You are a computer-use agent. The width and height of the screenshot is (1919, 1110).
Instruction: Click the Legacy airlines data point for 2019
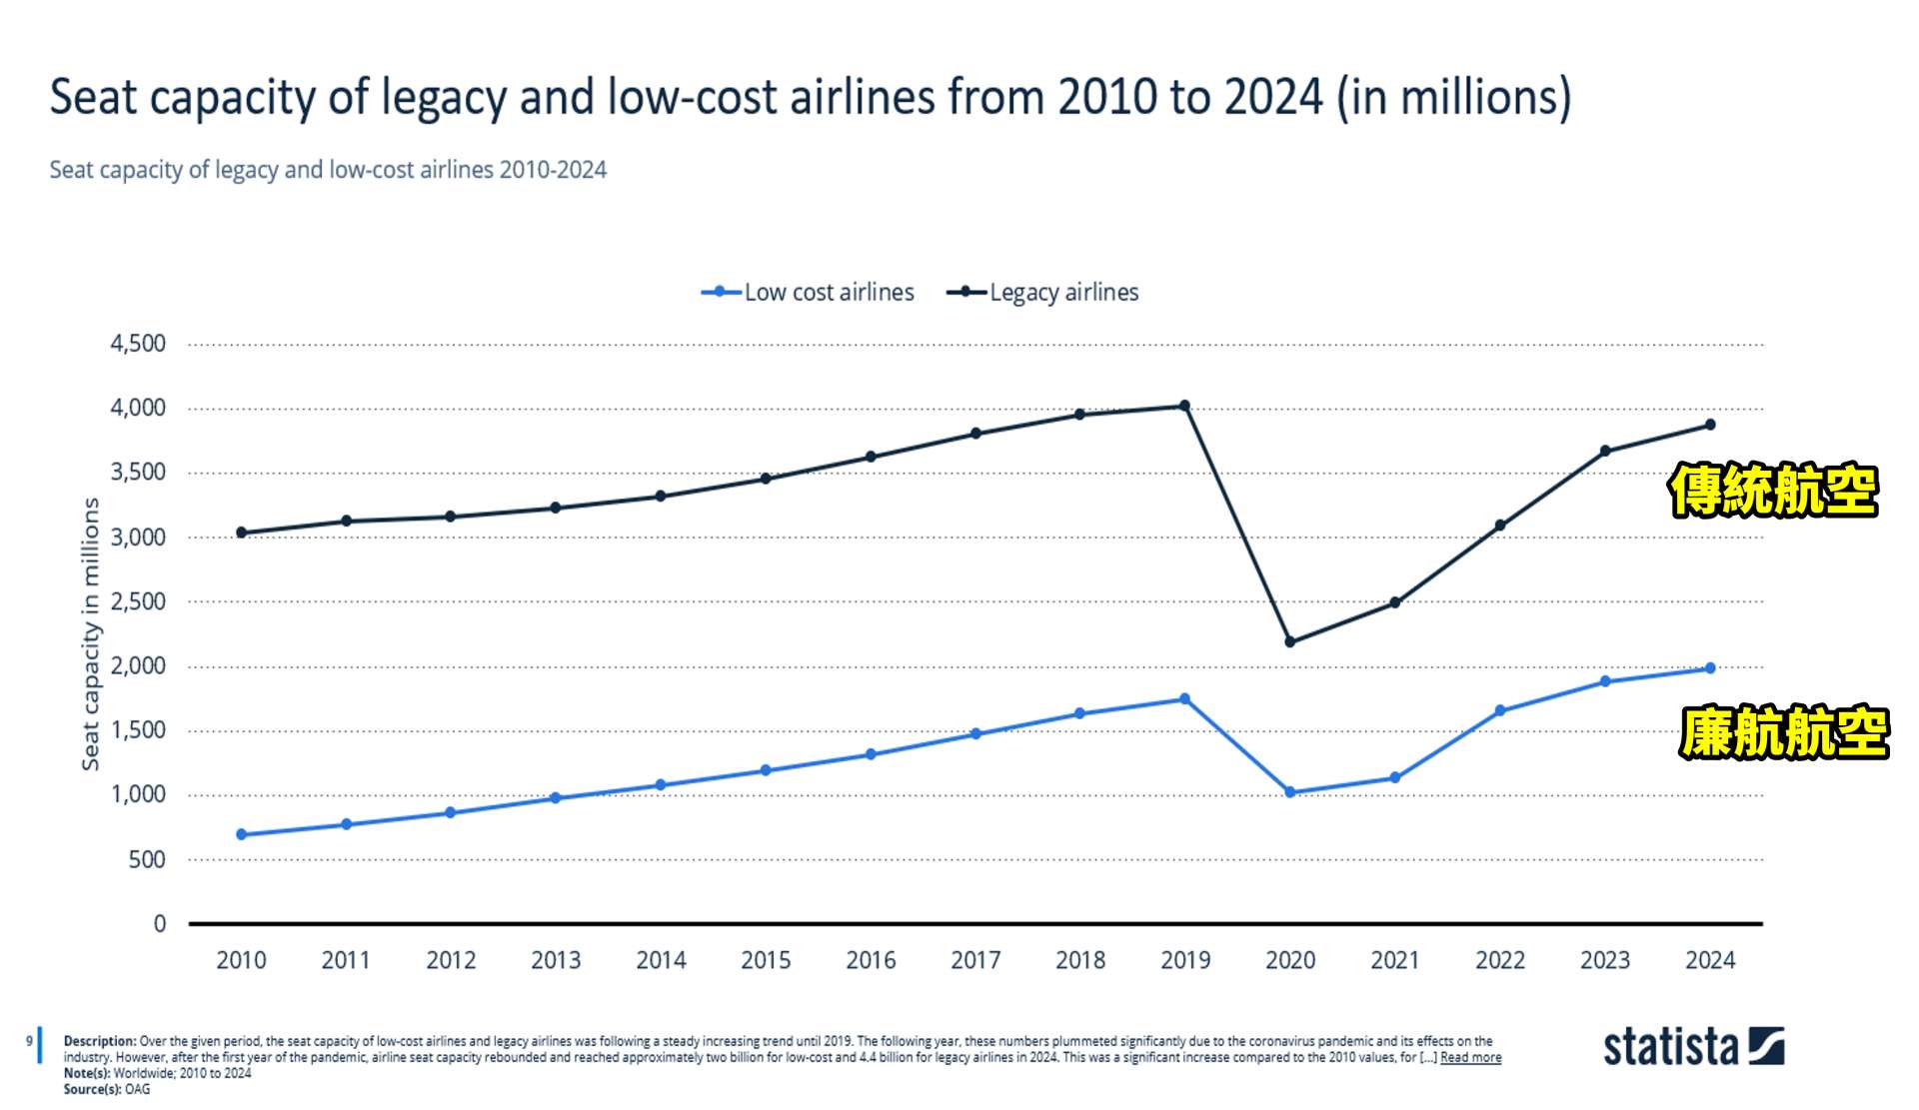point(1184,406)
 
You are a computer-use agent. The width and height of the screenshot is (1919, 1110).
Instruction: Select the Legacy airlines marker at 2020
point(1289,641)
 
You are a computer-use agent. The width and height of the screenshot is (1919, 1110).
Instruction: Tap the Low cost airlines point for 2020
point(1289,792)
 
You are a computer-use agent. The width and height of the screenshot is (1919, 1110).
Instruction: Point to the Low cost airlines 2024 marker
point(1709,668)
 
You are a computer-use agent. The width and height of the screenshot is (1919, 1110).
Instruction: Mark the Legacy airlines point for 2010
point(241,533)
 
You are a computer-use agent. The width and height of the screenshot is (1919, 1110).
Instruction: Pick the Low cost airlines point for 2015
point(766,770)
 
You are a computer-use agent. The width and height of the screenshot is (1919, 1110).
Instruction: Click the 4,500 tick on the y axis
point(138,344)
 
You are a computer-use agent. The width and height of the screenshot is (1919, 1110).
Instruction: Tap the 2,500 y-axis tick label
point(138,601)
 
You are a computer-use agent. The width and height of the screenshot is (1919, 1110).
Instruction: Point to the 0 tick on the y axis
point(160,924)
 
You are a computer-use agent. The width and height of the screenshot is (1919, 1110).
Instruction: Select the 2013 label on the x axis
point(556,960)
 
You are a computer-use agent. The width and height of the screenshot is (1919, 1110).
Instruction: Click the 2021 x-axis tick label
point(1394,960)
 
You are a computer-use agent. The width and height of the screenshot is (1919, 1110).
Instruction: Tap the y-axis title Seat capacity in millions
point(91,634)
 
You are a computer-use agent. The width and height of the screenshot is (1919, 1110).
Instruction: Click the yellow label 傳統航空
point(1773,491)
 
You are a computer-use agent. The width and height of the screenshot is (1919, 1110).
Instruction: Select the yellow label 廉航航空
point(1784,732)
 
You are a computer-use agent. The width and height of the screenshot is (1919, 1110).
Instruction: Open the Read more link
point(1470,1057)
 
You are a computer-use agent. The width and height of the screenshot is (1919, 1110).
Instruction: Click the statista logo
point(1693,1046)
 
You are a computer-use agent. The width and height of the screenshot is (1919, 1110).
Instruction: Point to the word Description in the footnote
point(99,1041)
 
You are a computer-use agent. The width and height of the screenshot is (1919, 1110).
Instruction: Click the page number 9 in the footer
point(29,1041)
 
